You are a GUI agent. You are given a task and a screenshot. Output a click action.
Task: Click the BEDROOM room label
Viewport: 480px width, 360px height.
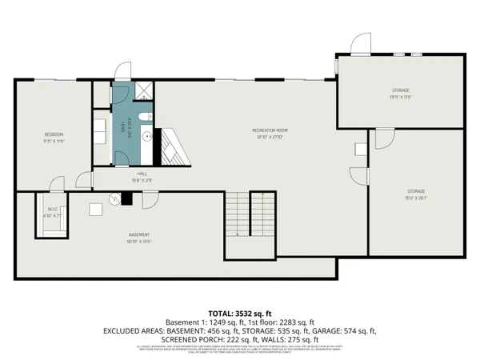click(x=54, y=134)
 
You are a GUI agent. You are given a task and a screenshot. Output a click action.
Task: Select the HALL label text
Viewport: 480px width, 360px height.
click(x=142, y=173)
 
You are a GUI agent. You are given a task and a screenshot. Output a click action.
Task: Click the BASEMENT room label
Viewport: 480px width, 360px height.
click(x=138, y=235)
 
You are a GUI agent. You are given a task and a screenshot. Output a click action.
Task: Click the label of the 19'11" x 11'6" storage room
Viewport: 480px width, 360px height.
click(x=401, y=90)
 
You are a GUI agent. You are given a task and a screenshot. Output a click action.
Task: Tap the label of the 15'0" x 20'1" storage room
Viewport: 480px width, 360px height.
click(x=416, y=191)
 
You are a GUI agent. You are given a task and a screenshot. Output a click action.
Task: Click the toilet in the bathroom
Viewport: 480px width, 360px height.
click(x=145, y=118)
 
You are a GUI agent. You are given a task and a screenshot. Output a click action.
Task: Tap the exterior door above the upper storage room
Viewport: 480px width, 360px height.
click(x=362, y=44)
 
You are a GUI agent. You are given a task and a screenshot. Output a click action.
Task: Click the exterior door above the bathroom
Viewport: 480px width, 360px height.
click(x=122, y=72)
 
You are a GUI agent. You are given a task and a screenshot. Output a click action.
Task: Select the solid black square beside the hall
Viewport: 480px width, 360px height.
click(x=125, y=200)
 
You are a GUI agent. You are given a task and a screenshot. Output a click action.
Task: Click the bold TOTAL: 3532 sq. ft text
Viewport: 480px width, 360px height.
click(x=240, y=312)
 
